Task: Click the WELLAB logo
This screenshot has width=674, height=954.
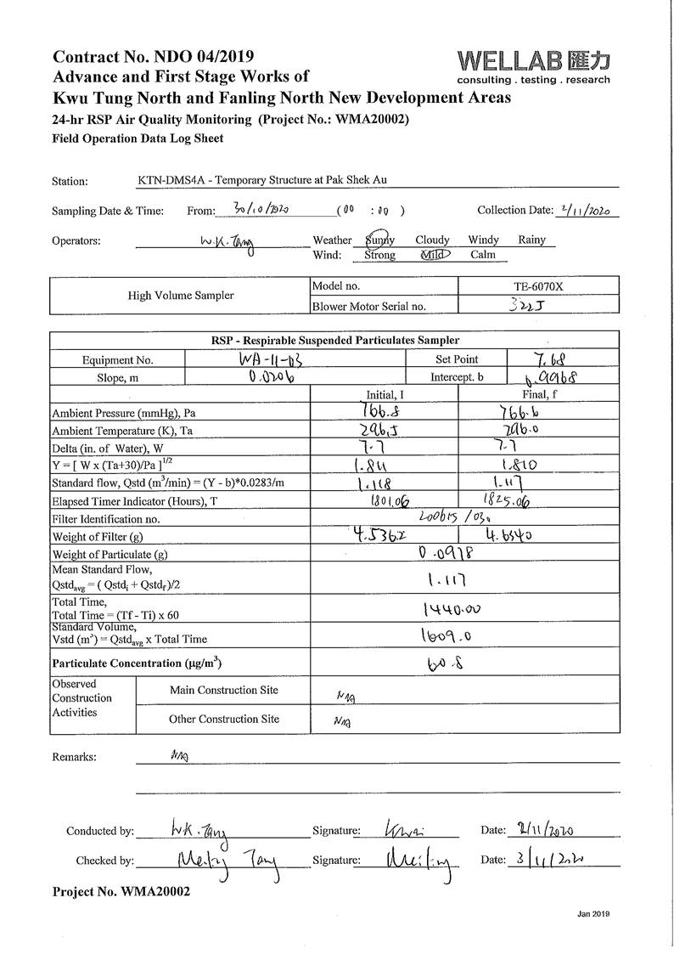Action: (533, 66)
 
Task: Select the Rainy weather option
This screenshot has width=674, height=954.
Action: (531, 240)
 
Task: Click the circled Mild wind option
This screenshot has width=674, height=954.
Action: (436, 254)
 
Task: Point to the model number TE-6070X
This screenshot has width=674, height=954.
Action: (537, 287)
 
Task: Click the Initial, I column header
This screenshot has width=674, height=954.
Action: (385, 394)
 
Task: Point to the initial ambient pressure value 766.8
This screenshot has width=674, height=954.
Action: (384, 412)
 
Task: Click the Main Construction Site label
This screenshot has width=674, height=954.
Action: (224, 691)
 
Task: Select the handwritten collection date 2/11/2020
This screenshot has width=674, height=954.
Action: (587, 211)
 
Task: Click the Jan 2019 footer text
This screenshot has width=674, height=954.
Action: (593, 914)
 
